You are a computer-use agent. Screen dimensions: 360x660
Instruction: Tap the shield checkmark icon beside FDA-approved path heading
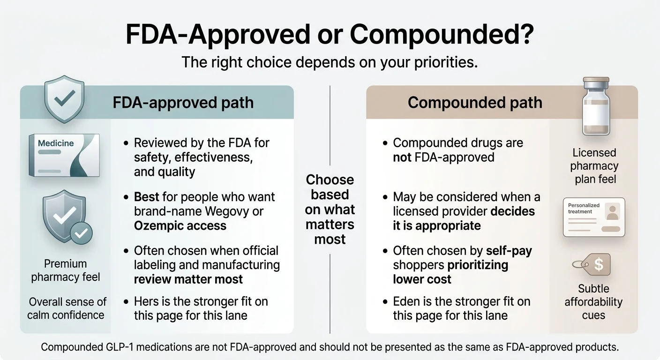[64, 99]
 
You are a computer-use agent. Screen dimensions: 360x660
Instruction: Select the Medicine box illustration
[64, 155]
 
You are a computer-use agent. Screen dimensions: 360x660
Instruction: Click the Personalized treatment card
[593, 217]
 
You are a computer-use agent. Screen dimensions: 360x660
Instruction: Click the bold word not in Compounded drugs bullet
[402, 157]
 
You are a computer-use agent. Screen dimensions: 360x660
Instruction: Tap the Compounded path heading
[474, 103]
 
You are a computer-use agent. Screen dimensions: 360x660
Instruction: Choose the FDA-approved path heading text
[183, 103]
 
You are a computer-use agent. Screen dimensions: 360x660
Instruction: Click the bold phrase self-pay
[509, 251]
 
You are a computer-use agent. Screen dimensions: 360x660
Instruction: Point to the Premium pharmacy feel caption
[66, 270]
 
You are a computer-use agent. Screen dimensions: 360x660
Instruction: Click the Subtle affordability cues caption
[593, 301]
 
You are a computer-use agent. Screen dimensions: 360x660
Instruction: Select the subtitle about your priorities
[330, 62]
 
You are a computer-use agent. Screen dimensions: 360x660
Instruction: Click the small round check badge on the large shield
[81, 233]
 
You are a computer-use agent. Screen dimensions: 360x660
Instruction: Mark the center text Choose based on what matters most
[330, 210]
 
